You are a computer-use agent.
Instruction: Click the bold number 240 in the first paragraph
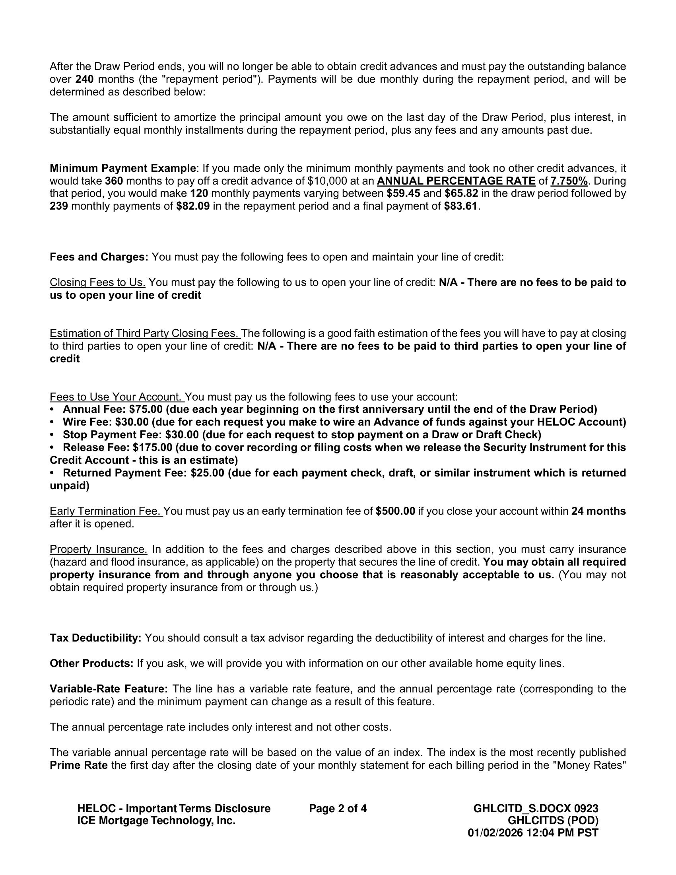tap(84, 79)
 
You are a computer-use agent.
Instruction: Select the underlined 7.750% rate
tap(569, 181)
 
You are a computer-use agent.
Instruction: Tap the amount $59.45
tap(403, 194)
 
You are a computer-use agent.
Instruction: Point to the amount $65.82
tap(461, 194)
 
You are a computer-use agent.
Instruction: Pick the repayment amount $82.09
tap(193, 206)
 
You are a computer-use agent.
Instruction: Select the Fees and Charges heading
tap(99, 257)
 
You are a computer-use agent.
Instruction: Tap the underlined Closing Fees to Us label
tap(97, 282)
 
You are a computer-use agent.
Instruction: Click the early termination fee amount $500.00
tap(395, 511)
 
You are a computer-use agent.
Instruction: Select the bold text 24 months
tap(598, 511)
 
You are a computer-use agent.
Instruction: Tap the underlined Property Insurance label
tap(99, 549)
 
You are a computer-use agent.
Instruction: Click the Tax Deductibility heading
tap(95, 638)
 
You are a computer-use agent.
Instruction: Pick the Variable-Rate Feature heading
tap(109, 689)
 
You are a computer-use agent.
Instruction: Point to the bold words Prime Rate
tap(78, 765)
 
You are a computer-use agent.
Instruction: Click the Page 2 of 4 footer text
tap(338, 809)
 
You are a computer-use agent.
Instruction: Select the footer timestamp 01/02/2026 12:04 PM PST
tap(532, 833)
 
